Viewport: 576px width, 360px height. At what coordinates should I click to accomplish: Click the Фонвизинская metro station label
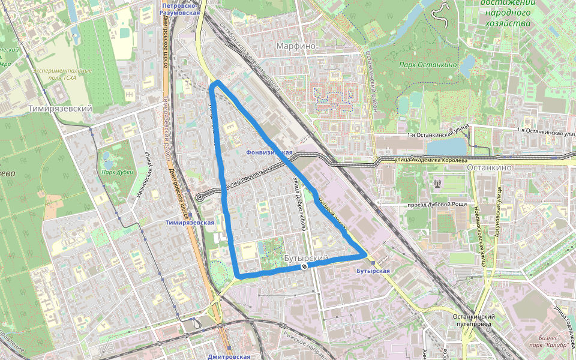[269, 152]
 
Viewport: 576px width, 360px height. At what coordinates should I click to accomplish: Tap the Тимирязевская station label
[190, 223]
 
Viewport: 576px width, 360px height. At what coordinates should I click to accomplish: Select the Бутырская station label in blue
[373, 271]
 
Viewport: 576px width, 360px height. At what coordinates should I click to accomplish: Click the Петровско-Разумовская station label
[181, 8]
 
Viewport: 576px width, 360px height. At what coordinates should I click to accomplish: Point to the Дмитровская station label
[229, 356]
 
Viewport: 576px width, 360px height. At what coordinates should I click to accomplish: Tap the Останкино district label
[487, 169]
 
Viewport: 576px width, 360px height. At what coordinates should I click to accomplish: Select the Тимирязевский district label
[60, 109]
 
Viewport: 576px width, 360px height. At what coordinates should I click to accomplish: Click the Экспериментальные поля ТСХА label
[62, 74]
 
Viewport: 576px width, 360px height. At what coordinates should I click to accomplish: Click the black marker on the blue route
[305, 265]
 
